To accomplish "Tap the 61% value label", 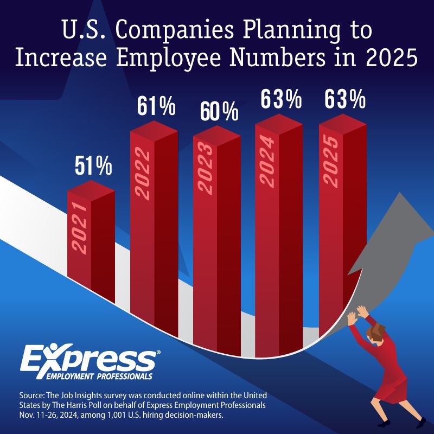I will point(156,105).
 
